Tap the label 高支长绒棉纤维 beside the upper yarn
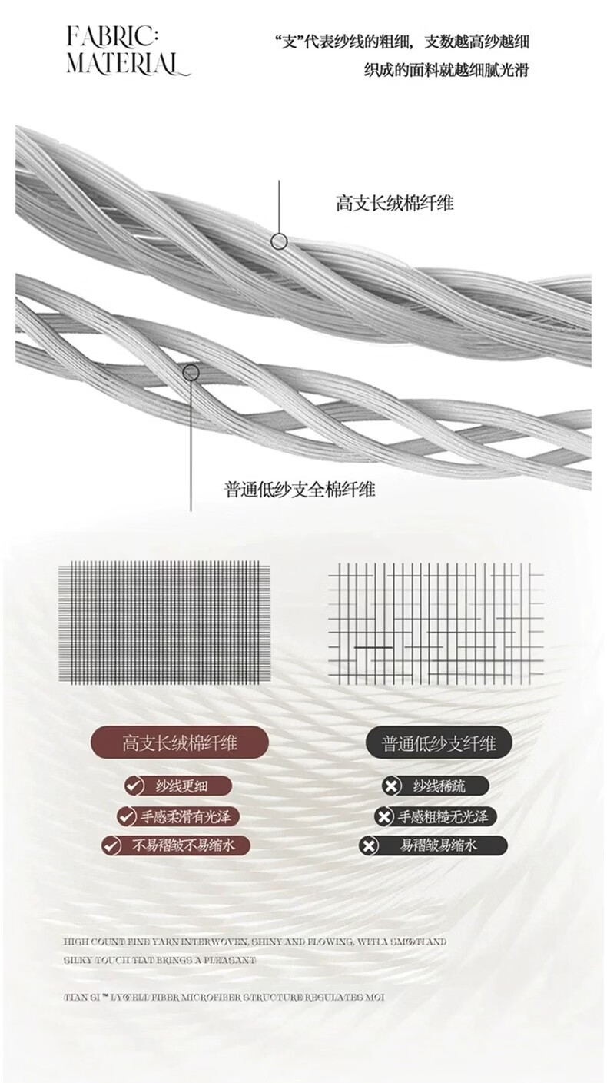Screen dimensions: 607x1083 pyautogui.click(x=395, y=203)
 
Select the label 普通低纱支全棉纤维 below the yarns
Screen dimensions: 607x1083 pyautogui.click(x=300, y=489)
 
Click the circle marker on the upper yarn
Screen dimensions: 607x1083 pyautogui.click(x=280, y=241)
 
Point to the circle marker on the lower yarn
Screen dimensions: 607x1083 pyautogui.click(x=191, y=373)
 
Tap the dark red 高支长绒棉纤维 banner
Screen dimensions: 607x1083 pyautogui.click(x=181, y=743)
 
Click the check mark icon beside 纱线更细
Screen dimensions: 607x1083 pyautogui.click(x=134, y=786)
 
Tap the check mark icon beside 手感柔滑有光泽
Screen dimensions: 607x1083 pyautogui.click(x=126, y=816)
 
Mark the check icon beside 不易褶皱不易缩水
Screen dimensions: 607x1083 pyautogui.click(x=112, y=846)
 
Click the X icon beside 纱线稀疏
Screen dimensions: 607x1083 pyautogui.click(x=391, y=786)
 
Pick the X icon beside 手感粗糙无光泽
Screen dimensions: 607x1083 pyautogui.click(x=383, y=816)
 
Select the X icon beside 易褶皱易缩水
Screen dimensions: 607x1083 pyautogui.click(x=369, y=846)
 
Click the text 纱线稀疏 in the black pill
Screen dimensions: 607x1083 pyautogui.click(x=439, y=786)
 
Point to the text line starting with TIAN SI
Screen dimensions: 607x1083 pyautogui.click(x=224, y=997)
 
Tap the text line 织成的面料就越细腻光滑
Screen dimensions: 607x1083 pyautogui.click(x=446, y=70)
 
